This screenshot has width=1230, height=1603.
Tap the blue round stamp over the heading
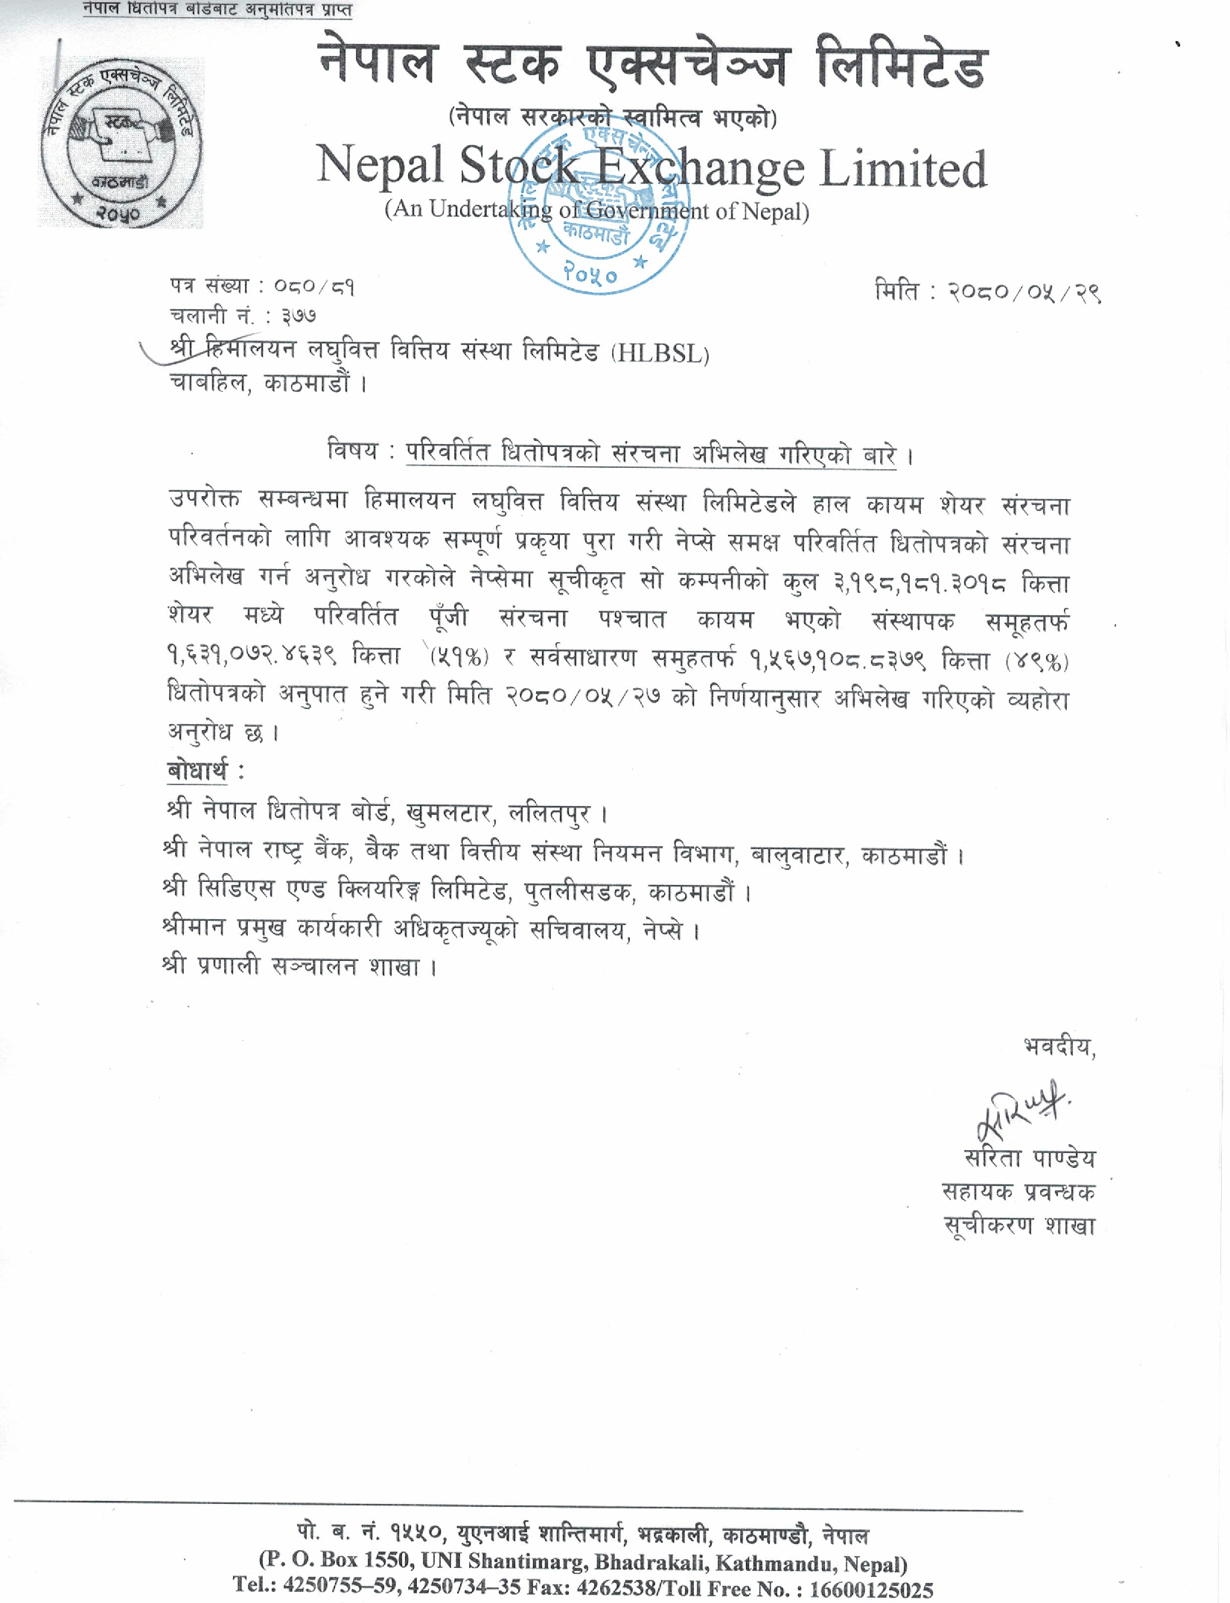click(x=599, y=207)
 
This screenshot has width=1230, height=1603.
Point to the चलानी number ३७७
click(x=299, y=317)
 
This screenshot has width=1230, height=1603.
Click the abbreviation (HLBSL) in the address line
click(x=660, y=353)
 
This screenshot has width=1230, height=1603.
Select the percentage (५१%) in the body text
click(x=459, y=657)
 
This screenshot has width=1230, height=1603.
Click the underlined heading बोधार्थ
click(x=197, y=770)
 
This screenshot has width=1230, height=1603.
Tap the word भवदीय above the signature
click(x=1059, y=1047)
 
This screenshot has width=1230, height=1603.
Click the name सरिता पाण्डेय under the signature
click(x=1030, y=1158)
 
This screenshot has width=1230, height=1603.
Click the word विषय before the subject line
click(x=352, y=451)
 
